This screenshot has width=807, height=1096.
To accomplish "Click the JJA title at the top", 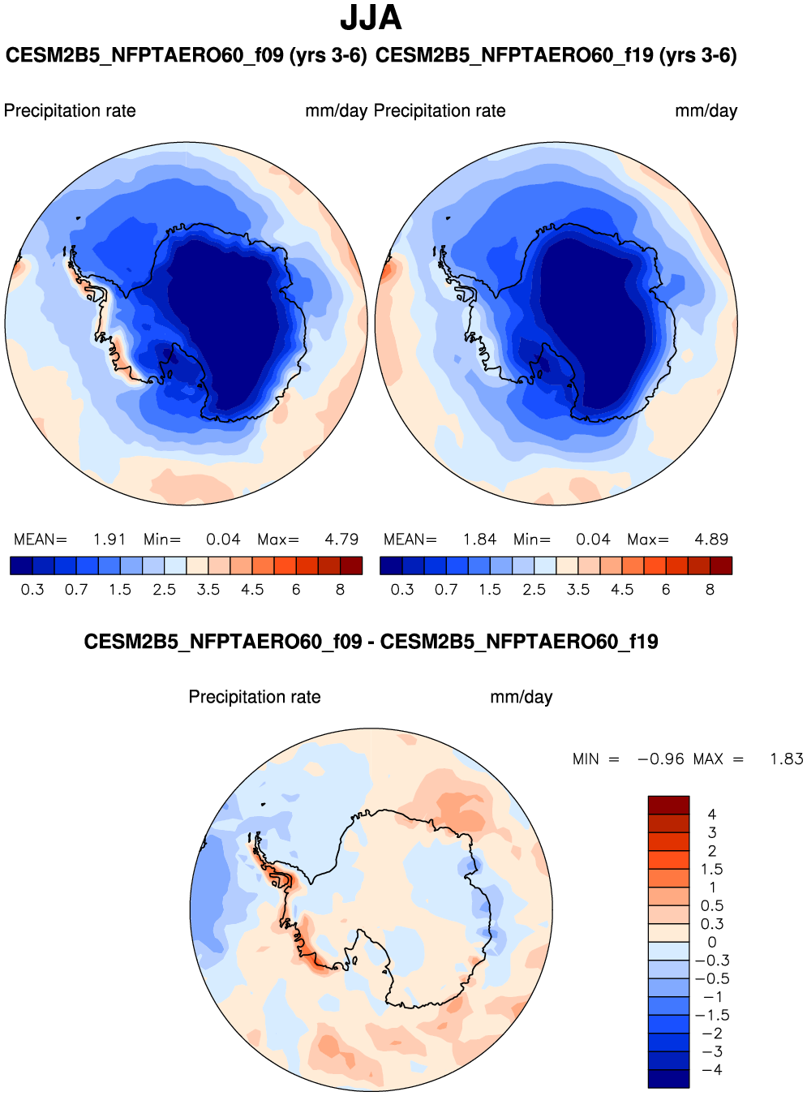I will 371,18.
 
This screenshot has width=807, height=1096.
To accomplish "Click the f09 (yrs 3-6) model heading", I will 186,55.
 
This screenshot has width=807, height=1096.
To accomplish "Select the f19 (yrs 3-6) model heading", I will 556,55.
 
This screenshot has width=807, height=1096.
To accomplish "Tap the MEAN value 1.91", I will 109,539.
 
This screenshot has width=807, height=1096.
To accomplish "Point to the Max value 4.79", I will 341,539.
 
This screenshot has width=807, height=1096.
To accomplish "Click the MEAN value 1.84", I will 479,539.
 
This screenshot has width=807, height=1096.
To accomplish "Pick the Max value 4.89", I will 711,539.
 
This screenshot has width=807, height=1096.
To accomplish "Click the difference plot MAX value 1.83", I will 786,759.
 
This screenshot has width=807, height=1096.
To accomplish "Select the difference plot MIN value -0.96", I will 661,759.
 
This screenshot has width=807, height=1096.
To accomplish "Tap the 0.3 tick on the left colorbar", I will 32,590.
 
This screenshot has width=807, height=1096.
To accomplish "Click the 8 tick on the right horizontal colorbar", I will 710,590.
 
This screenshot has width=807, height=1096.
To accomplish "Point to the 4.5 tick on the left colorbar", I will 252,590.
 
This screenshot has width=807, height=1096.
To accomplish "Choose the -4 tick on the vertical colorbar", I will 711,1070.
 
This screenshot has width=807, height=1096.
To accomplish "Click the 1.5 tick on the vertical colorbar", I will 711,869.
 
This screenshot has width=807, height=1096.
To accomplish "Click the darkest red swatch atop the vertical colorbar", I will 668,805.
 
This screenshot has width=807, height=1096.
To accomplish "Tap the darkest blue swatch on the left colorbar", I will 21,565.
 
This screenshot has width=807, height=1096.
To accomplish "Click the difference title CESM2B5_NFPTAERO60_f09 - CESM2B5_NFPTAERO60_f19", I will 371,642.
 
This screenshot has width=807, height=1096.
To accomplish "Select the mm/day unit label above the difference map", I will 521,697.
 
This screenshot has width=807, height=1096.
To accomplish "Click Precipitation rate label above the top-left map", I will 70,111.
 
